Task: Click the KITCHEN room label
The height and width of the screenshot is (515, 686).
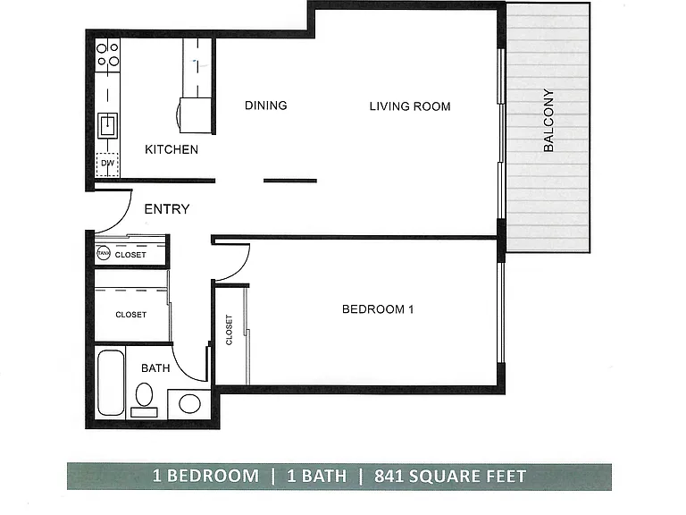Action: pos(171,149)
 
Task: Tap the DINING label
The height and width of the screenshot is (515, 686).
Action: pos(266,106)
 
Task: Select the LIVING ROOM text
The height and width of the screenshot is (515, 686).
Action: pos(410,106)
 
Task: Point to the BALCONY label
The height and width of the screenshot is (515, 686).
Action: pos(548,121)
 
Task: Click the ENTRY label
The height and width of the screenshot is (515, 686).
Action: pos(167,209)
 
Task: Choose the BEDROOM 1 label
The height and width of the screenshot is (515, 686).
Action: pos(378,309)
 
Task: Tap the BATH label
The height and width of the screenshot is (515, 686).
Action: pos(155,367)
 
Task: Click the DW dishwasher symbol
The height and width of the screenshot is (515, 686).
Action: pos(107,165)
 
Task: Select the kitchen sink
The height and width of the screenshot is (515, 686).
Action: pos(107,125)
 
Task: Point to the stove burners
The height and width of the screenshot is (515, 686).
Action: pos(107,55)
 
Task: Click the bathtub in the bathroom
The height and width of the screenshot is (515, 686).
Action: pos(111,383)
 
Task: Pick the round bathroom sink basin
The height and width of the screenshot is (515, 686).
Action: pos(190,404)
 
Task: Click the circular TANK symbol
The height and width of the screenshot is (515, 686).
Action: pos(104,253)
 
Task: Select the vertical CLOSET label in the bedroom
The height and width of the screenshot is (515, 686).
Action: pos(229,330)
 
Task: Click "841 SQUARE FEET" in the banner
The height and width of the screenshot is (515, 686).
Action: pos(450,476)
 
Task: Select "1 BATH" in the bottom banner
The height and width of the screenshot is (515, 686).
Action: pos(317,476)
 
